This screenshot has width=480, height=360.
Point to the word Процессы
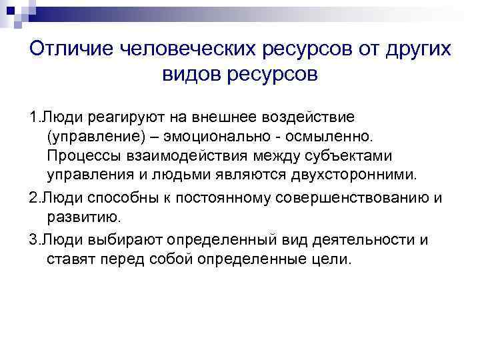pyautogui.click(x=82, y=156)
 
